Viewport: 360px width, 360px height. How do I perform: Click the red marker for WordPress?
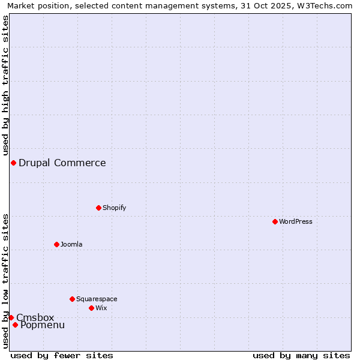275,221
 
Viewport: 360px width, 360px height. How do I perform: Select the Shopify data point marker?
98,208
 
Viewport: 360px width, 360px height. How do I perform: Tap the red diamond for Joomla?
56,244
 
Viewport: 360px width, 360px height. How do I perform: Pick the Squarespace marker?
72,299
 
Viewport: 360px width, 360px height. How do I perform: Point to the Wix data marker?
91,308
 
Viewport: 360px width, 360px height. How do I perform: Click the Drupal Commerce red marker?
13,163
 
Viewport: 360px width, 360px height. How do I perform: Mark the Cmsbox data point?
11,317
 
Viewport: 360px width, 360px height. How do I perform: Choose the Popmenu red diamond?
15,325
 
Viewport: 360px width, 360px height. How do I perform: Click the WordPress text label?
296,221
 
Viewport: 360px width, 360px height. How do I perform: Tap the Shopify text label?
114,208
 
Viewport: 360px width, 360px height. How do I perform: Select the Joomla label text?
71,244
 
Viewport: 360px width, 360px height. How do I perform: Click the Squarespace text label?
97,299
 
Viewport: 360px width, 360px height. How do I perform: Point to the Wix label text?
101,308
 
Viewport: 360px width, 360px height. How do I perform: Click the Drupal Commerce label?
62,163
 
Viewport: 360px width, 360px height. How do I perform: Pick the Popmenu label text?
43,325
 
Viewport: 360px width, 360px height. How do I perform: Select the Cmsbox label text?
35,317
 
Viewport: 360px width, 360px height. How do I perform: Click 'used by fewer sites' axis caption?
62,355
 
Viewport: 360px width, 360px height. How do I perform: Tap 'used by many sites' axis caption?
301,355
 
